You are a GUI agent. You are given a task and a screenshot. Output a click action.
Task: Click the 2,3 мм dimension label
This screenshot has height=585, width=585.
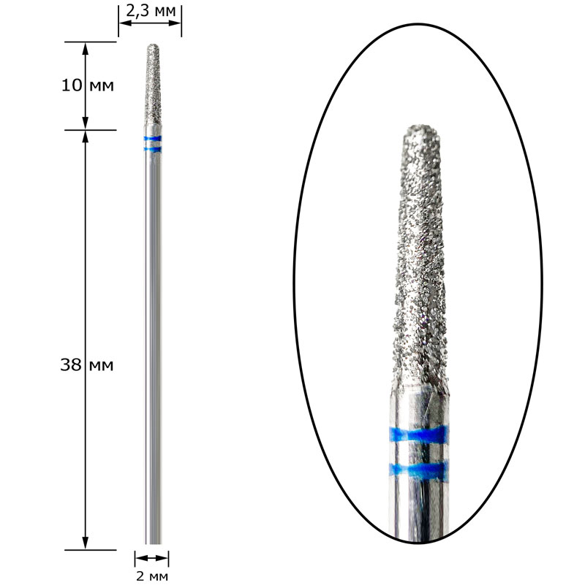tap(151, 11)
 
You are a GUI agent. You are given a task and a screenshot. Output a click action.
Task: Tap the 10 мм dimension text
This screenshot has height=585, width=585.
tap(88, 85)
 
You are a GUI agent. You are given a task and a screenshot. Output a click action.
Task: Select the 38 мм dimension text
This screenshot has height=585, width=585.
tap(87, 365)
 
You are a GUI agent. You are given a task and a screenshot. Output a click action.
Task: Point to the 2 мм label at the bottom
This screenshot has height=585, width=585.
tap(151, 576)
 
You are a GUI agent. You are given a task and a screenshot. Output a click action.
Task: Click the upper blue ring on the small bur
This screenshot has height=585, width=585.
tap(153, 139)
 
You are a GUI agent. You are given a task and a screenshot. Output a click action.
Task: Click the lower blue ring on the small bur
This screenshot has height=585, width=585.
tap(153, 150)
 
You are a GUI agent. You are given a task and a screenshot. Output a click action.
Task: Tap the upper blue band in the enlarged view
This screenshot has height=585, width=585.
tap(418, 435)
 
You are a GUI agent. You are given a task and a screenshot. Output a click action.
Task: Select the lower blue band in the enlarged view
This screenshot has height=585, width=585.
tap(418, 471)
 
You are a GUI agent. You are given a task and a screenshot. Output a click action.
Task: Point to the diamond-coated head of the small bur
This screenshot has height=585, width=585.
tap(153, 85)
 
